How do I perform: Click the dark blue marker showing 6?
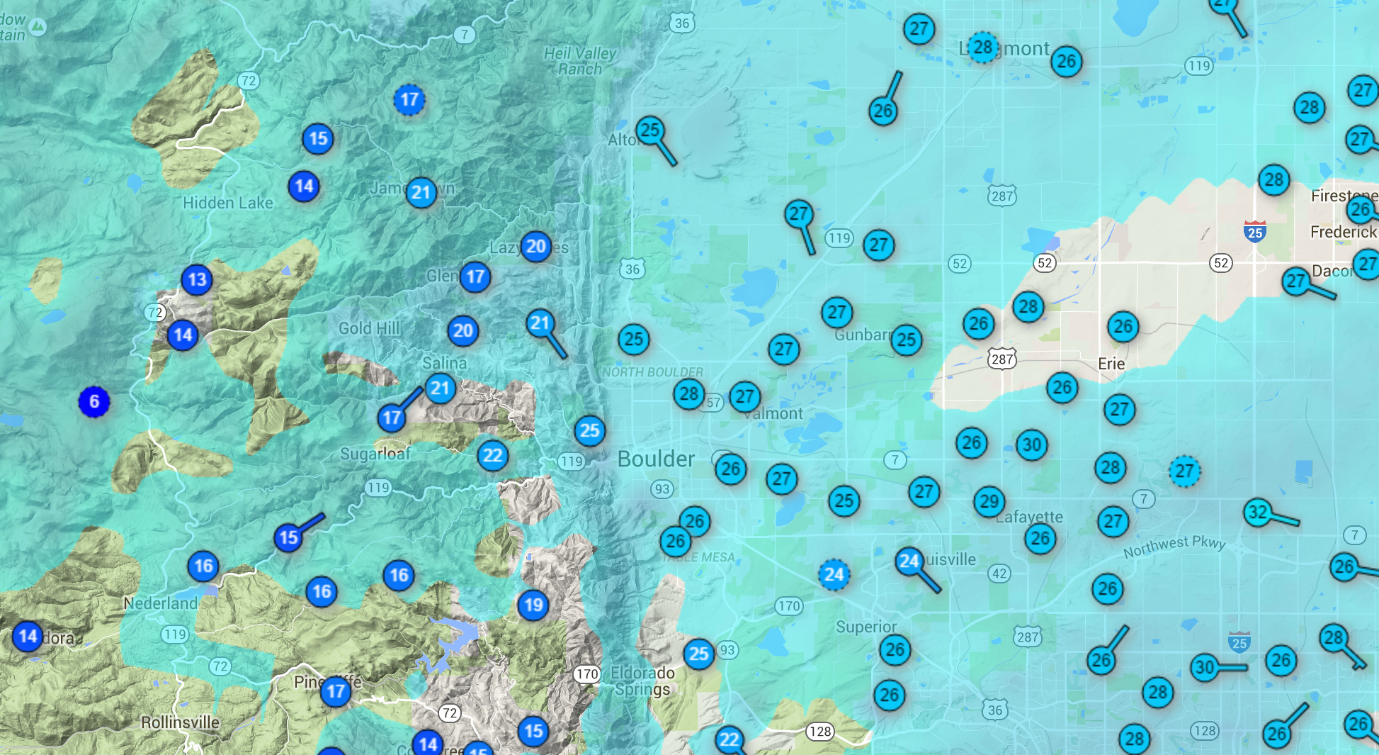[x=93, y=402]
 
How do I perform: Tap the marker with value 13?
[x=197, y=279]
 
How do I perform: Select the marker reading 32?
[x=1258, y=512]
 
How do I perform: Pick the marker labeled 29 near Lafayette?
[x=989, y=501]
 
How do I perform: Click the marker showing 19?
[x=533, y=605]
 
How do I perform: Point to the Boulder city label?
[x=656, y=459]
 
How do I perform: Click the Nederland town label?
[x=160, y=603]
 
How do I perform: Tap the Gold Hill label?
[x=369, y=328]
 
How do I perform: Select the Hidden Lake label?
[x=227, y=203]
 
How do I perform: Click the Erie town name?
[x=1111, y=364]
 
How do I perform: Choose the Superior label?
[x=866, y=627]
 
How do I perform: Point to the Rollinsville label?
[x=180, y=722]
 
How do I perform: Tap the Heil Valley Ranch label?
[x=580, y=61]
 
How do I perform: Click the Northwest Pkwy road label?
[x=1174, y=546]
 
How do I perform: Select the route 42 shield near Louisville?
[x=999, y=574]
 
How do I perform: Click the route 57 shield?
[x=713, y=403]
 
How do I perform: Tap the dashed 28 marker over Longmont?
[x=982, y=47]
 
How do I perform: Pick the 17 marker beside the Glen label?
[x=475, y=276]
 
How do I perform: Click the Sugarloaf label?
[x=375, y=454]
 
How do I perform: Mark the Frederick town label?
[x=1343, y=232]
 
